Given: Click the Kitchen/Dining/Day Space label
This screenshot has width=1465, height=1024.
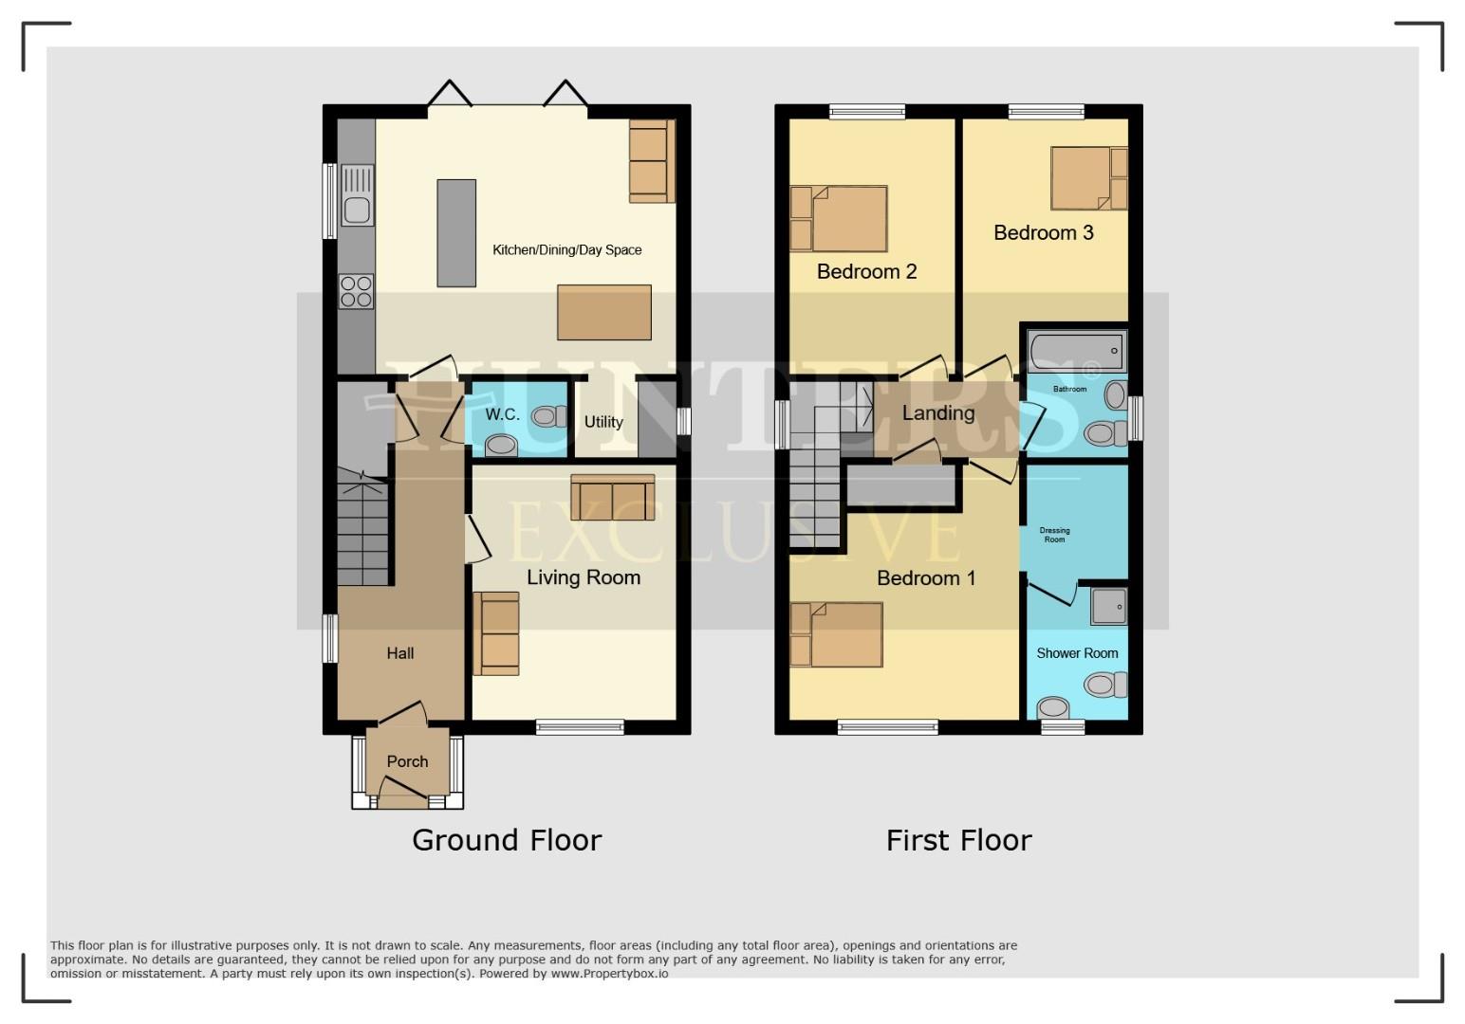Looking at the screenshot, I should pyautogui.click(x=566, y=250).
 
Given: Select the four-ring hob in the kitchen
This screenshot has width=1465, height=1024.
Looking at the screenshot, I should pyautogui.click(x=357, y=291).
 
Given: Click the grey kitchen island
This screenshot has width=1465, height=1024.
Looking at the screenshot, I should pyautogui.click(x=456, y=233).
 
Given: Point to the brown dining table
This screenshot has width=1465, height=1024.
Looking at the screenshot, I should pyautogui.click(x=604, y=312).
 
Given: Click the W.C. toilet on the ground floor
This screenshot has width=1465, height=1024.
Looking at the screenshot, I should pyautogui.click(x=545, y=415).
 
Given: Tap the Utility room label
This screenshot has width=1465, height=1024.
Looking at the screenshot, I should pyautogui.click(x=603, y=422).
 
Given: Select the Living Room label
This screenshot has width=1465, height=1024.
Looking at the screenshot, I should pyautogui.click(x=584, y=577).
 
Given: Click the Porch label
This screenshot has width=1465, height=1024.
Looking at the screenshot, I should pyautogui.click(x=407, y=761).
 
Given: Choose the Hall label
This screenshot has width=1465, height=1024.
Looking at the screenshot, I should pyautogui.click(x=399, y=653).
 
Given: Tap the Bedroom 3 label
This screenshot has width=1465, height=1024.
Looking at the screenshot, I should pyautogui.click(x=1043, y=232).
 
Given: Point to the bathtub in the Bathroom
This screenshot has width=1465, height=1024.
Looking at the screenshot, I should pyautogui.click(x=1076, y=352).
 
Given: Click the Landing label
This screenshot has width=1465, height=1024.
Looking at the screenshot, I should pyautogui.click(x=937, y=413).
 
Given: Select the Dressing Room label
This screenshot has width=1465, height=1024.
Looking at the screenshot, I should pyautogui.click(x=1054, y=535).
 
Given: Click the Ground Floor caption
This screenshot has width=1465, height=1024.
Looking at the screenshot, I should pyautogui.click(x=507, y=840).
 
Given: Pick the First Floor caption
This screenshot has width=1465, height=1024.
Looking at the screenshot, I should pyautogui.click(x=958, y=840).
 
